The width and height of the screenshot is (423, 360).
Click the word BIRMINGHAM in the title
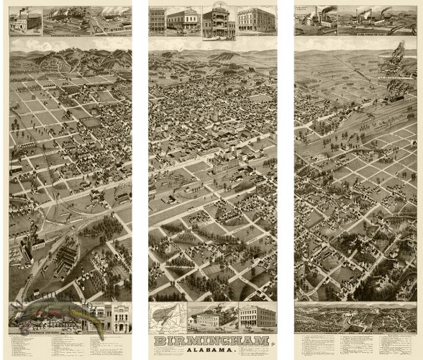(x=211, y=340)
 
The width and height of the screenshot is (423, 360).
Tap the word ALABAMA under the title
(x=211, y=350)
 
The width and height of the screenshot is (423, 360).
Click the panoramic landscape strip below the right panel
(x=355, y=316)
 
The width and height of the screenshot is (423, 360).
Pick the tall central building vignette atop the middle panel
(x=218, y=22)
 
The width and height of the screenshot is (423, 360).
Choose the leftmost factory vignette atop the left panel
(x=25, y=20)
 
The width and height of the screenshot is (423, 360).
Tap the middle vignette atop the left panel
(x=65, y=20)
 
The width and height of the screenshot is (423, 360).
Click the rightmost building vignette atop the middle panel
(x=256, y=19)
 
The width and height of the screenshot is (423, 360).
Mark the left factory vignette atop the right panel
(x=315, y=19)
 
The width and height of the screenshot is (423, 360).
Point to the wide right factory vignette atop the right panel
(x=376, y=19)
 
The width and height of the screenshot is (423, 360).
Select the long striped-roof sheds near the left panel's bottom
(x=68, y=255)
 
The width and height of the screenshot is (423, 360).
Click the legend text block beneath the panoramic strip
(x=355, y=343)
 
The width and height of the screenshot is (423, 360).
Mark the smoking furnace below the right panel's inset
(x=394, y=90)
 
